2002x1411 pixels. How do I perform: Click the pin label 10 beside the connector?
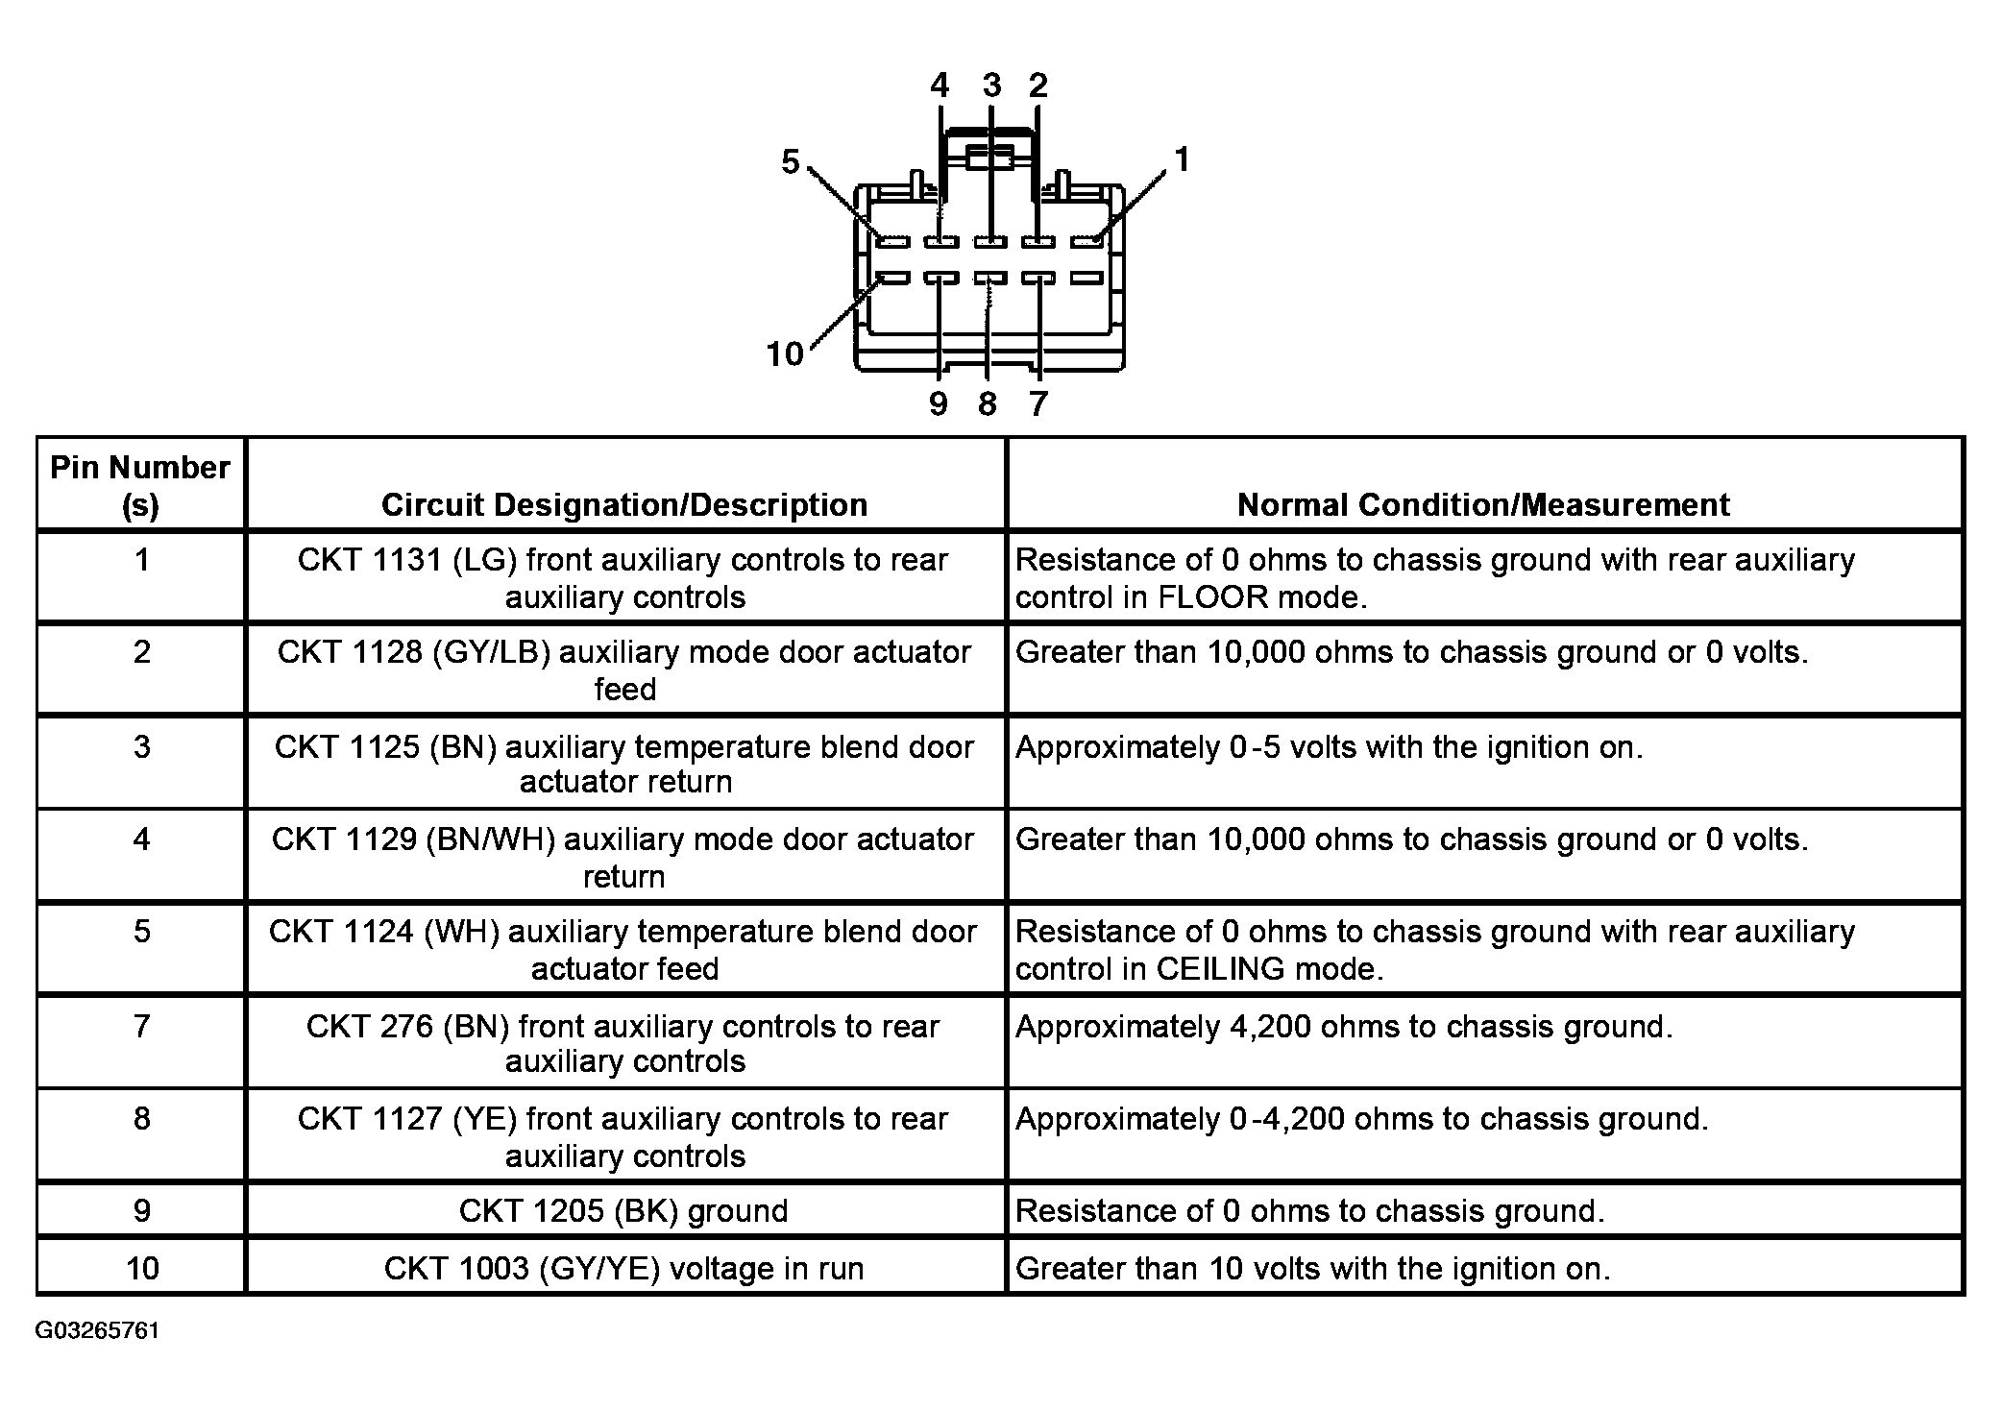(784, 354)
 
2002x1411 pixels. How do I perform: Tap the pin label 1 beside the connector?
(1182, 159)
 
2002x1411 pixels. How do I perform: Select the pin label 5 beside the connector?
(790, 162)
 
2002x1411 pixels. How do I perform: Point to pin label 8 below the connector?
(988, 404)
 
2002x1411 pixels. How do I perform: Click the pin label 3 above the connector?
(991, 85)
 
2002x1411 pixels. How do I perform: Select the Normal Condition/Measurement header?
(1483, 505)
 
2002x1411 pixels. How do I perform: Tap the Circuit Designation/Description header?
(624, 505)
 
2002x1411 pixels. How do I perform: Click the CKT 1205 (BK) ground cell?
(623, 1211)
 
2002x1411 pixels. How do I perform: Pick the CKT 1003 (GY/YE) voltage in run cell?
(623, 1269)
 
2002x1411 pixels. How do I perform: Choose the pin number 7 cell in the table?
(141, 1026)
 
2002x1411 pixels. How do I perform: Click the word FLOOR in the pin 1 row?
(1212, 597)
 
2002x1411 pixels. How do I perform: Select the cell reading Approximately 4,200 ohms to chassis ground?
(1343, 1027)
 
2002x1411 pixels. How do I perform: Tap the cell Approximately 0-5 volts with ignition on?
(1329, 747)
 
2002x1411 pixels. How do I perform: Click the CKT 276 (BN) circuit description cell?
(623, 1043)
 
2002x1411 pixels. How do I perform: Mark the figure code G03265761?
(97, 1330)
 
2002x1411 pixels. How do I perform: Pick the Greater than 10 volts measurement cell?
(1312, 1269)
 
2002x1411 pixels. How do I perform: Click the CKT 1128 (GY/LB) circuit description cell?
(624, 670)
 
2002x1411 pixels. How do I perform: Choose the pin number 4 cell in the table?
(141, 839)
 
